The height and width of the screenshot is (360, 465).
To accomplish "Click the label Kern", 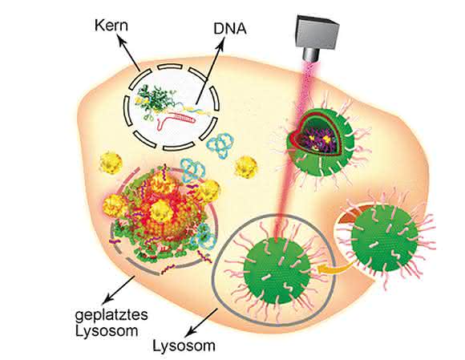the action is coord(111,26).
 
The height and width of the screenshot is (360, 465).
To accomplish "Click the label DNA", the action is coord(230,29).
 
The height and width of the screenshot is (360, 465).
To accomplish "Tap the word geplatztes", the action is coord(111,315).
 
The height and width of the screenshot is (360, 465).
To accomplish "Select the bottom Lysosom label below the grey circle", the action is coord(184,346).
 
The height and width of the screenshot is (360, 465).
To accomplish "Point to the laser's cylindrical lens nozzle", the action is coord(311,55).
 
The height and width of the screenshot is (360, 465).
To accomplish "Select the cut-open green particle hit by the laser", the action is coord(320,144).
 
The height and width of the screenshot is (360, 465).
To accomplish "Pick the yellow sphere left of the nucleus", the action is coord(111,163).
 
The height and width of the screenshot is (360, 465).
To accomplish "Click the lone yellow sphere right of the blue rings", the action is coord(246,167).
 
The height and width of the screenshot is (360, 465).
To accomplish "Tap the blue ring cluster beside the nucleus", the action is coord(221,144).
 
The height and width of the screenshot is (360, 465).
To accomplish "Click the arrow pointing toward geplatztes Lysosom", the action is coord(119,290).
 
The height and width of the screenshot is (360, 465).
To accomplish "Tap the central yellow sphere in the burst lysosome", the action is coord(160,212).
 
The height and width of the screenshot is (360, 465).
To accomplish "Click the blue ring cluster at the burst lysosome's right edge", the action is coord(204,236).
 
